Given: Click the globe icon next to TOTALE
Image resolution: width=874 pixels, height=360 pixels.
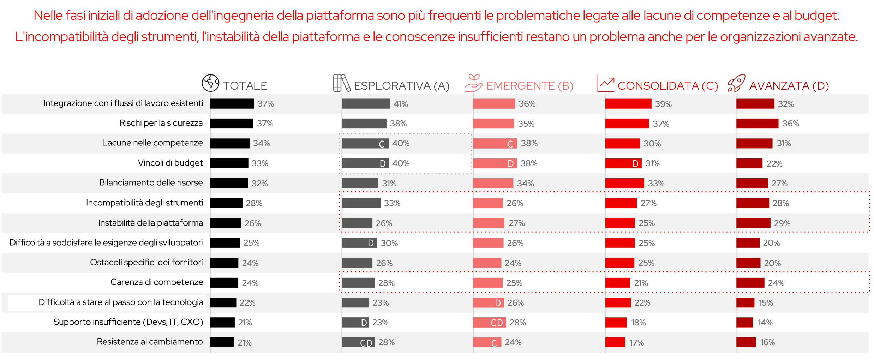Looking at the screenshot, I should pos(210,83).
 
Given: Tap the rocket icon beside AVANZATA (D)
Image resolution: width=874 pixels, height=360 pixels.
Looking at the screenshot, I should pos(736,83).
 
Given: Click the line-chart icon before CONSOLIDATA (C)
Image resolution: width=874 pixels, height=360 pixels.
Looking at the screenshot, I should pos(605,83).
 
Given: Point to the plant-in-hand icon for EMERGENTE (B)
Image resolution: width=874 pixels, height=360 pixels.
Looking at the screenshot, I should pos(473,83).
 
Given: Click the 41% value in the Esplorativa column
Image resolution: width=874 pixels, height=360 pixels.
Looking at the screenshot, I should pos(401,104).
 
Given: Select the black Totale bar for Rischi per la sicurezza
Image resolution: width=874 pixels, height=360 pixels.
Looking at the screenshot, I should pos(232,124).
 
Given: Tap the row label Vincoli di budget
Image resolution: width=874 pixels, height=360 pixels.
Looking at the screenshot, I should pos(170,163).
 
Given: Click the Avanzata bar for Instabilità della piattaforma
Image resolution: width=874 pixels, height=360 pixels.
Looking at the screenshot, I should pos(753,223).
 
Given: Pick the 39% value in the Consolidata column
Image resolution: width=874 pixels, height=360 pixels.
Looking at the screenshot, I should pos(663,104).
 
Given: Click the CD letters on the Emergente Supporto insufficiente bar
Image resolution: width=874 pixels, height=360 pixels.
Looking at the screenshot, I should pos(497,323).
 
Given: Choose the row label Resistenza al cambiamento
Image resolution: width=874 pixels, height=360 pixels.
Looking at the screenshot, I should pos(150,342).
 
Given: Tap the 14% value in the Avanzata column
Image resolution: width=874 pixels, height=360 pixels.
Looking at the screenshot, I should pos(765,323).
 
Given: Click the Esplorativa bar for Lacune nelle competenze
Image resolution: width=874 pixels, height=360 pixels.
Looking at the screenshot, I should pos(365,143).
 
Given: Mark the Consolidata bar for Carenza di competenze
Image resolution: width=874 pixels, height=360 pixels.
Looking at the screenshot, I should pos(618,283).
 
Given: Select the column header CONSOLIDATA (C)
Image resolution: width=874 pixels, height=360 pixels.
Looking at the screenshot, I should pos(668,86).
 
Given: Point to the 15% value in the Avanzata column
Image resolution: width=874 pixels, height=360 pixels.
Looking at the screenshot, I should pos(766,303).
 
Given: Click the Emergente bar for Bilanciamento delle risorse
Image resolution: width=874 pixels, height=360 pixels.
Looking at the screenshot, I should pos(493,183).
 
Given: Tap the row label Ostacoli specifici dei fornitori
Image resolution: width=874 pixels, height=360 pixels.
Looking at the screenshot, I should pos(146,262).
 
